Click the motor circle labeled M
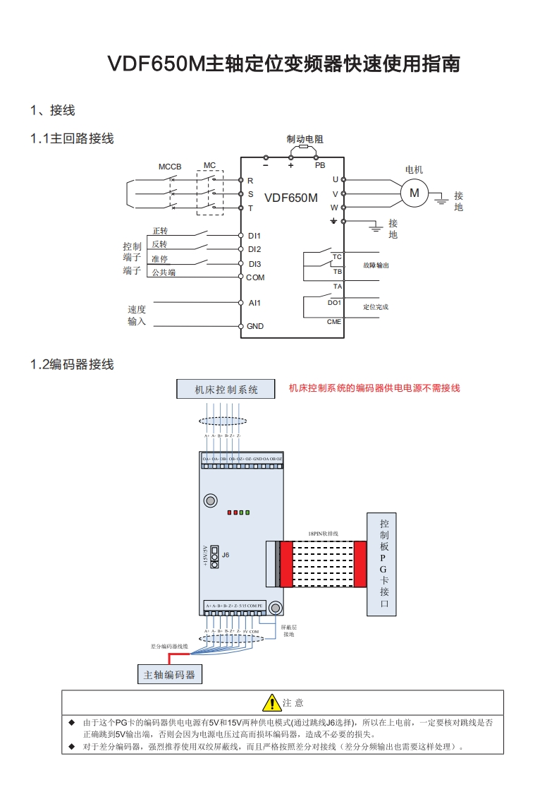click(414, 192)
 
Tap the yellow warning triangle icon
click(272, 702)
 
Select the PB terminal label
click(319, 165)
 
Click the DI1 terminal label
click(254, 236)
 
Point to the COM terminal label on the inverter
click(255, 277)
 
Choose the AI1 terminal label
click(254, 303)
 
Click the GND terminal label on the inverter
click(255, 326)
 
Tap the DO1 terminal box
click(334, 302)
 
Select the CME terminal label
click(334, 321)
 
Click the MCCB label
click(170, 167)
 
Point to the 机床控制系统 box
click(226, 389)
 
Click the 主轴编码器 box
click(169, 674)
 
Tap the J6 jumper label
click(226, 555)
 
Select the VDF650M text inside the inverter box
click(291, 198)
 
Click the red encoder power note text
click(374, 388)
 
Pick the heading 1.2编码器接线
click(72, 364)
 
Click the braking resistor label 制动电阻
click(305, 140)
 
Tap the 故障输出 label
click(376, 265)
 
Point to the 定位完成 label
click(376, 307)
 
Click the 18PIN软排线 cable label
click(324, 534)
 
